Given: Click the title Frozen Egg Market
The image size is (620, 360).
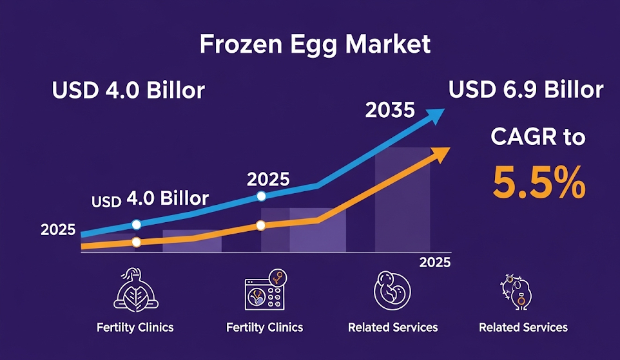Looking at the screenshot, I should (x=315, y=44).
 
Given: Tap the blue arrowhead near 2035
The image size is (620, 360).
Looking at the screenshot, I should (x=436, y=116).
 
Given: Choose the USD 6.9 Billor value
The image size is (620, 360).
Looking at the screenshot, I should (x=526, y=90).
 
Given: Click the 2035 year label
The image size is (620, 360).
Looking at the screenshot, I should (x=390, y=111).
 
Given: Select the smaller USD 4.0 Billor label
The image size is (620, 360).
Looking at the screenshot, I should (x=150, y=198).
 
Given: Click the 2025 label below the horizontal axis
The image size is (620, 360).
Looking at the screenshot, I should (x=435, y=263).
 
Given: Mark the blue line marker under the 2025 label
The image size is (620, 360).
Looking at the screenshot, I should (x=261, y=196).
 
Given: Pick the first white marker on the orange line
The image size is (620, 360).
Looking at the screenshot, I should (x=136, y=242).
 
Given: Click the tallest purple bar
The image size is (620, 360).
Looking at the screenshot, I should (x=402, y=200).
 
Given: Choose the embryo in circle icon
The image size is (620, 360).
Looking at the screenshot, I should (x=392, y=290).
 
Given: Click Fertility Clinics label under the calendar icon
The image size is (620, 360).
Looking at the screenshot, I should (x=264, y=327).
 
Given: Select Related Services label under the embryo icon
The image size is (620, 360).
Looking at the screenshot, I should (x=392, y=327).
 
